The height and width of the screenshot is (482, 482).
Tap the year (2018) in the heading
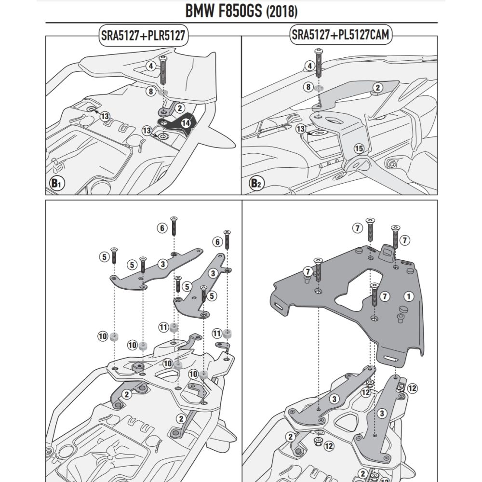point(281,12)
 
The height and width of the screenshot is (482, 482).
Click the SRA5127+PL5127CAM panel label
point(339,35)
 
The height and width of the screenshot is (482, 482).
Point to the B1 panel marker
point(57,183)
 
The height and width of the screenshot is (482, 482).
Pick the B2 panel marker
point(255,183)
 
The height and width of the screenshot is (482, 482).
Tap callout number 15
point(358,148)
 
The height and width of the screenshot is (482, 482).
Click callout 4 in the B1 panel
point(151,66)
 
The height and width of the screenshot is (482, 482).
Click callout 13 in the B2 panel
point(300,129)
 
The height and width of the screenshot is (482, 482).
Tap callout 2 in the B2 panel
point(377,87)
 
